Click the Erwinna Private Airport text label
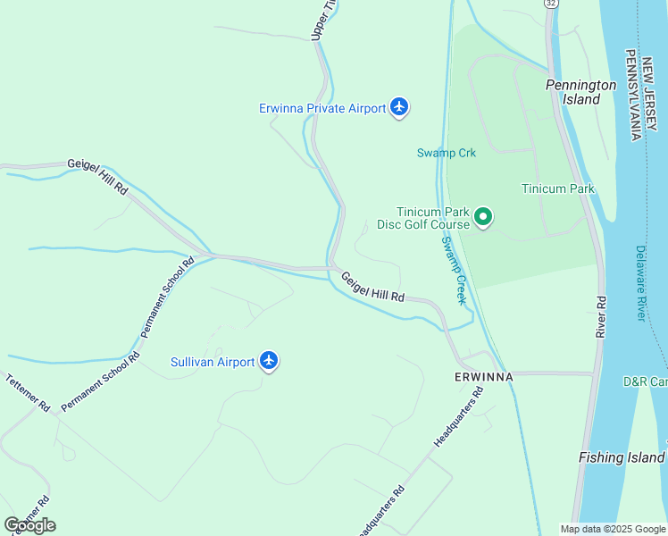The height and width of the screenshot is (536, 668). pos(321,108)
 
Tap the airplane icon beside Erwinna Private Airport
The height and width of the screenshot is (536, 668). pos(399,108)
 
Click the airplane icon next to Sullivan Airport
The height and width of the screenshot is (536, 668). pos(270,361)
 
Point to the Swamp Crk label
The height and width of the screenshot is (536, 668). pos(447,153)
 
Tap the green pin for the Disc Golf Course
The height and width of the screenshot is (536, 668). pos(483,217)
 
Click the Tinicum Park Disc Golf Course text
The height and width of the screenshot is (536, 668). pos(422,218)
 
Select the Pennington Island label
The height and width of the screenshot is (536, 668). pos(581,92)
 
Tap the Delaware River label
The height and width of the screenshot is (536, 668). pos(642,284)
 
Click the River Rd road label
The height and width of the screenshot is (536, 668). pos(601,316)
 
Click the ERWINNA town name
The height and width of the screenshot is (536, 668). pos(483,377)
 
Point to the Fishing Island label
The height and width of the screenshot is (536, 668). pos(622,457)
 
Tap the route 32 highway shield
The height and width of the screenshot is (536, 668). pos(550,4)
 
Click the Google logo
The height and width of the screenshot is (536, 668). pos(29,524)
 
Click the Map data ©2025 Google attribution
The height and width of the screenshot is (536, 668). pos(613,529)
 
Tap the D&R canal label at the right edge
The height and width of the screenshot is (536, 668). pos(645,382)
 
